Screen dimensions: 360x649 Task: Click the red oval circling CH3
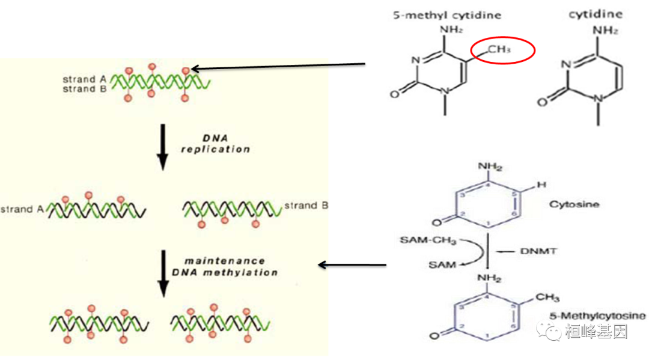[502, 50]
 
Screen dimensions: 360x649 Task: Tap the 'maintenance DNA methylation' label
[225, 266]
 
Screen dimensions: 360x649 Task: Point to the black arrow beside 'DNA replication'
[162, 145]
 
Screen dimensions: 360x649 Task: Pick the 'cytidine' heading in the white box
[596, 14]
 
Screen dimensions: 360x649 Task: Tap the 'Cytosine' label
[574, 205]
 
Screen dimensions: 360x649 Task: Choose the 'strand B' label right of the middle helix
[306, 206]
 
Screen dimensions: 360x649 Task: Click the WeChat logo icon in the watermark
[550, 330]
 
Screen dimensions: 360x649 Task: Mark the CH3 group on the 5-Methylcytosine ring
[547, 297]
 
